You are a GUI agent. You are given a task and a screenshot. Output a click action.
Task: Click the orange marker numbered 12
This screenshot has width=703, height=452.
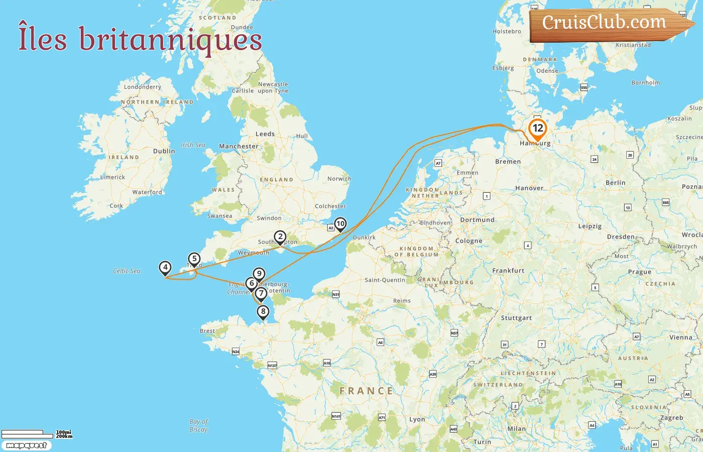point(537,129)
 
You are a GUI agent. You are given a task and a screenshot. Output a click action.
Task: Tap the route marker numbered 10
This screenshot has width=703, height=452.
point(340,224)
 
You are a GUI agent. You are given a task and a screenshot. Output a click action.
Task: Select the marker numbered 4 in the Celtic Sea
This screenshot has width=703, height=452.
point(165,268)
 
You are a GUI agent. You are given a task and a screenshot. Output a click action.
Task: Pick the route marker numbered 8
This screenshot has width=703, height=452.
point(263,312)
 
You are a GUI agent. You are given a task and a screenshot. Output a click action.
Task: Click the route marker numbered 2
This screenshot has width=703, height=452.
point(280,237)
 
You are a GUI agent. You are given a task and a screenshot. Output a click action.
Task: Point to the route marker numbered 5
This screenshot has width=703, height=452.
point(194,259)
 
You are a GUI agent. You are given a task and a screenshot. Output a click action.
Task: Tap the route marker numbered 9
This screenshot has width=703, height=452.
point(259,274)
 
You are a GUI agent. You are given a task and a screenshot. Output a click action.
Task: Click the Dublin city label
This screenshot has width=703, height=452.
point(164,151)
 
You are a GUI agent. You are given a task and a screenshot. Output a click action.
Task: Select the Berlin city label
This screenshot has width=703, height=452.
point(615,183)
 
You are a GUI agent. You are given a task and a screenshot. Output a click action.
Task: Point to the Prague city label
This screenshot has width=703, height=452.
point(639,272)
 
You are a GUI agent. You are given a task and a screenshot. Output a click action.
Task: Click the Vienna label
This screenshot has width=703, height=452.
point(680,337)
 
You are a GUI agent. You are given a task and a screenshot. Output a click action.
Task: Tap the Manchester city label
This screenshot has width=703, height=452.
point(239,146)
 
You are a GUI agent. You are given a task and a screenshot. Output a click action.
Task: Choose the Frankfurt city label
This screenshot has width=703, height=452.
point(508,271)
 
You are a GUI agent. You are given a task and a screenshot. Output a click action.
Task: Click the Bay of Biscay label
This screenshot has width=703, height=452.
point(198,425)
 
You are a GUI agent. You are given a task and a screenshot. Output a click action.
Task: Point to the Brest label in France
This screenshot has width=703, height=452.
point(207,331)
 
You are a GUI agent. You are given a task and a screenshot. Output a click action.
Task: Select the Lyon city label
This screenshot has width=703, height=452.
point(417,419)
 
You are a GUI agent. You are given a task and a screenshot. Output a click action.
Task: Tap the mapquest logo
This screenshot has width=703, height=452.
point(26,445)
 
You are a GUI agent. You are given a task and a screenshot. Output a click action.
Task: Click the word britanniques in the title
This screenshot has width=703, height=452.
point(171,40)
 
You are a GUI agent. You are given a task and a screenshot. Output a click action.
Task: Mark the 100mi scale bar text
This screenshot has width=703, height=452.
point(64,432)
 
